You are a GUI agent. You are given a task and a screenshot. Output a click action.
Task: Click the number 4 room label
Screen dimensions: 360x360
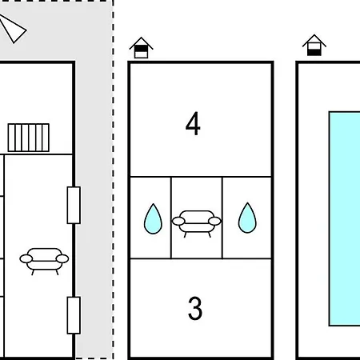[x=193, y=124]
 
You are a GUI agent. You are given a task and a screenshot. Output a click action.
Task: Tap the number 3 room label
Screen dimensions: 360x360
[x=195, y=308]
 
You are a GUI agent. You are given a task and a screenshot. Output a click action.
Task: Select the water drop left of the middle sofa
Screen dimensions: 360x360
[x=153, y=219]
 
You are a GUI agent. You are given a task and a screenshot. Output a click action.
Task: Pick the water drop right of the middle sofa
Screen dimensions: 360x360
[x=247, y=218]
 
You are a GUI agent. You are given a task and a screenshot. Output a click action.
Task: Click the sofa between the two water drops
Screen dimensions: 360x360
[x=197, y=223]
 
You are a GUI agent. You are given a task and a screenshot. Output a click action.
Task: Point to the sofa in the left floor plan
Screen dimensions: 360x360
[x=44, y=261]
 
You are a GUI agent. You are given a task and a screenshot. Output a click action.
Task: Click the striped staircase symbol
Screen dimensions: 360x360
[x=29, y=138]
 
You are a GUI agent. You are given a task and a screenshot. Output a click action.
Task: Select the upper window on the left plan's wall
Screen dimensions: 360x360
[x=74, y=206]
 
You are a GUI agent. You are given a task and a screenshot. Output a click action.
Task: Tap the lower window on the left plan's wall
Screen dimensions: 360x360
[x=74, y=315]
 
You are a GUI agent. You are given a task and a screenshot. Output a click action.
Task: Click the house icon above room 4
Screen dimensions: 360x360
[x=141, y=48]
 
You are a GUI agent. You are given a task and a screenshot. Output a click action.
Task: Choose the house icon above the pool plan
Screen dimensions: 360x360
[x=314, y=46]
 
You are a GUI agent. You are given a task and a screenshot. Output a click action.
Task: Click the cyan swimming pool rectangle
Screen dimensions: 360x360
[x=345, y=218]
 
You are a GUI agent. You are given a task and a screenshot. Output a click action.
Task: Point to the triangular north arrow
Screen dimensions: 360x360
[x=12, y=28]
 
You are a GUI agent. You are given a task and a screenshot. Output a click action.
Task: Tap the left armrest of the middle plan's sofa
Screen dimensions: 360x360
[x=178, y=221]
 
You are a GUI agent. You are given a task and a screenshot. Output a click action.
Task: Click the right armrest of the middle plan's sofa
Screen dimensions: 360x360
[x=214, y=221]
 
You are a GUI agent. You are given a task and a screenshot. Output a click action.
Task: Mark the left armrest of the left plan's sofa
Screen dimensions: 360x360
[x=26, y=258]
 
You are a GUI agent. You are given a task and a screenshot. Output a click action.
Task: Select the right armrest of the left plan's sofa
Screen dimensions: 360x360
[x=62, y=258]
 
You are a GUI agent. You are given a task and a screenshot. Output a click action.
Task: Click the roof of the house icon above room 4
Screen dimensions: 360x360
[x=141, y=42]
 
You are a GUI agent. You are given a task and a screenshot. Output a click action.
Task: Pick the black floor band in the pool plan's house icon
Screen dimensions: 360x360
[x=314, y=53]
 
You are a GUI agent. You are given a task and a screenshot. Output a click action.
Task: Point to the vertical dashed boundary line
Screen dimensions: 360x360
[x=113, y=180]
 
